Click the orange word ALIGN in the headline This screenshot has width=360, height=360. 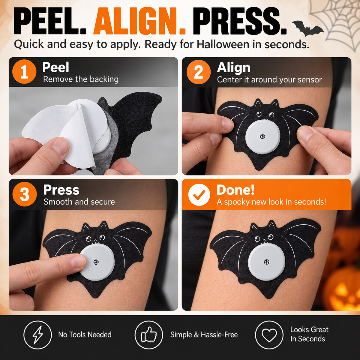pos(140,21)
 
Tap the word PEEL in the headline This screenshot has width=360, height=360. pos(50,21)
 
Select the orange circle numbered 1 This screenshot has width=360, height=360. pos(24,72)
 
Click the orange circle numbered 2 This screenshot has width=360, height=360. pos(199,72)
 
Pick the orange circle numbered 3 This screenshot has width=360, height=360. pos(25,194)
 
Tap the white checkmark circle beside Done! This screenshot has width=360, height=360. pos(199,194)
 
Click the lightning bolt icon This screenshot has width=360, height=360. pos(37,334)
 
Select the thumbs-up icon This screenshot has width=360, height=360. pos(149,334)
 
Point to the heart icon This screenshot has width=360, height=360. pos(269,334)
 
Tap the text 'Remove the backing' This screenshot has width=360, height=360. pos(81,79)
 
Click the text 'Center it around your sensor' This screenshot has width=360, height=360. pos(269,80)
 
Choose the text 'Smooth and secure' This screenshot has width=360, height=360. pos(79,202)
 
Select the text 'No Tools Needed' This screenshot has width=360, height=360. pos(85,334)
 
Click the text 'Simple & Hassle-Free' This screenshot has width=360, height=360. pos(204,334)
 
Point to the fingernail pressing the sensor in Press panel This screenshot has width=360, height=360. pos(79,262)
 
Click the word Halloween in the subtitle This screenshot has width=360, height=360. pos(223,44)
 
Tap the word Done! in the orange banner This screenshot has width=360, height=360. pos(235,190)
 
